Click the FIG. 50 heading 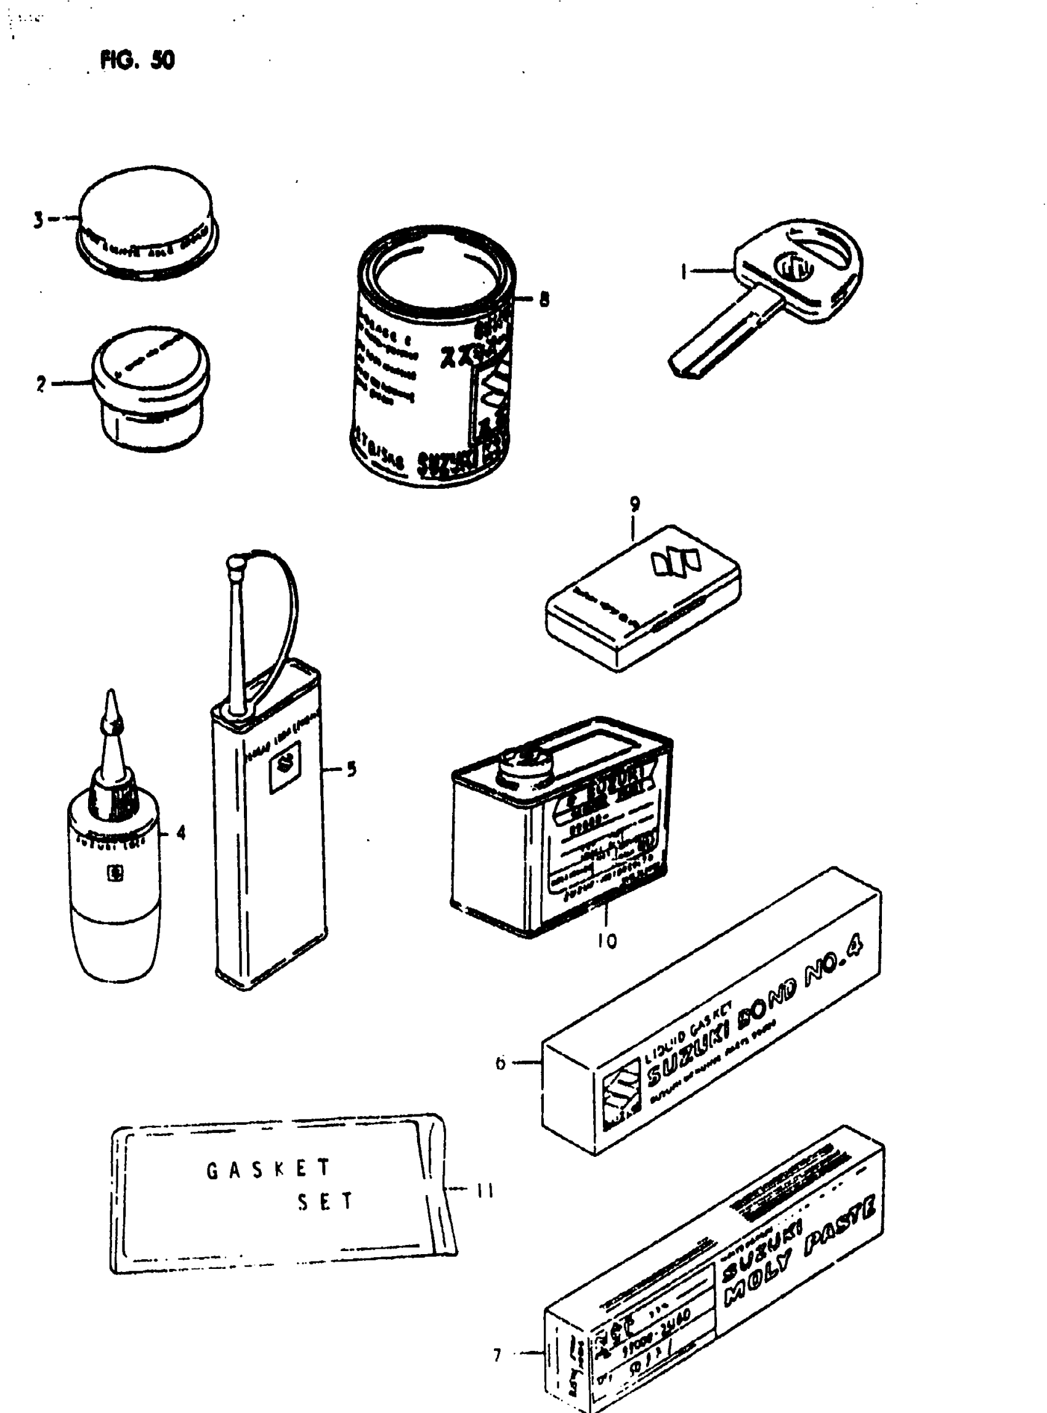click(x=137, y=60)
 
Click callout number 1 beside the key click(x=684, y=272)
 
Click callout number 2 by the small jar click(x=41, y=384)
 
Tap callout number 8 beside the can click(x=544, y=299)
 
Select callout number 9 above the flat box click(x=634, y=504)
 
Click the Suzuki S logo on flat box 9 click(x=675, y=563)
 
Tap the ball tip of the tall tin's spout click(x=236, y=562)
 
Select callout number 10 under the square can click(x=607, y=941)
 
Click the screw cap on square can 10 click(x=520, y=762)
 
